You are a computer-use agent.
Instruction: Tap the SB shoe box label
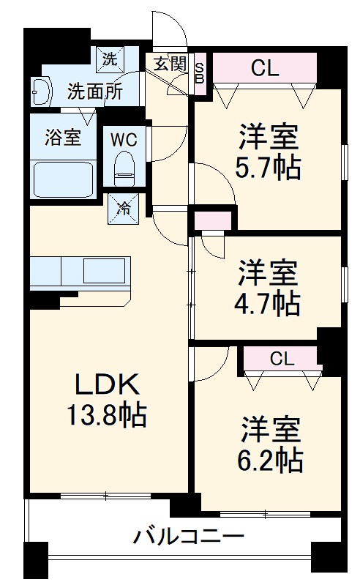click(x=200, y=74)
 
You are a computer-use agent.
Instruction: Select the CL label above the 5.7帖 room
click(x=265, y=68)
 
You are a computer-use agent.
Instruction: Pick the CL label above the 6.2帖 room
click(x=281, y=359)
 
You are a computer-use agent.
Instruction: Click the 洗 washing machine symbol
click(x=108, y=59)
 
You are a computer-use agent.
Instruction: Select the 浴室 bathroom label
click(x=63, y=137)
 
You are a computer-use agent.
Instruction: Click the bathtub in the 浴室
click(x=64, y=178)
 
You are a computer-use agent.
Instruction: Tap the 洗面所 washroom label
click(x=94, y=92)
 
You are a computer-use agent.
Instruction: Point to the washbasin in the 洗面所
click(x=42, y=91)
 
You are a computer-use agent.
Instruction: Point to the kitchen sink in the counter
click(x=106, y=271)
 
